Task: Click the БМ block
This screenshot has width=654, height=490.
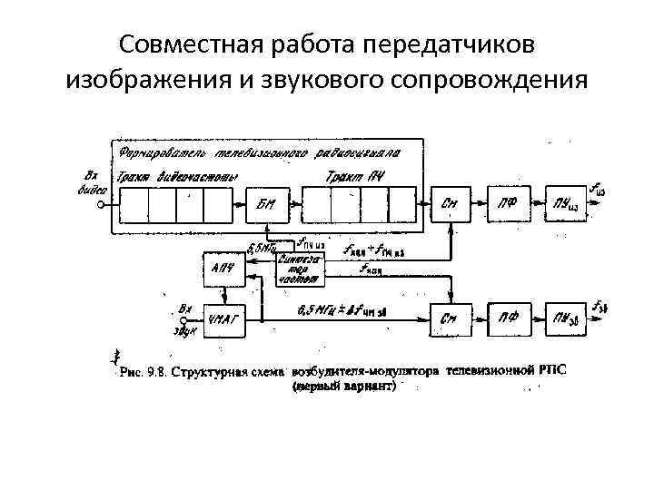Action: (267, 204)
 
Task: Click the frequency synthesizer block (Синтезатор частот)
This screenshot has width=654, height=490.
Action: (299, 269)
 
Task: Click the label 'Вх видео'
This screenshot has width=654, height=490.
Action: (91, 181)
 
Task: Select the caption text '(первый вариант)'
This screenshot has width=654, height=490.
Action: (344, 386)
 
